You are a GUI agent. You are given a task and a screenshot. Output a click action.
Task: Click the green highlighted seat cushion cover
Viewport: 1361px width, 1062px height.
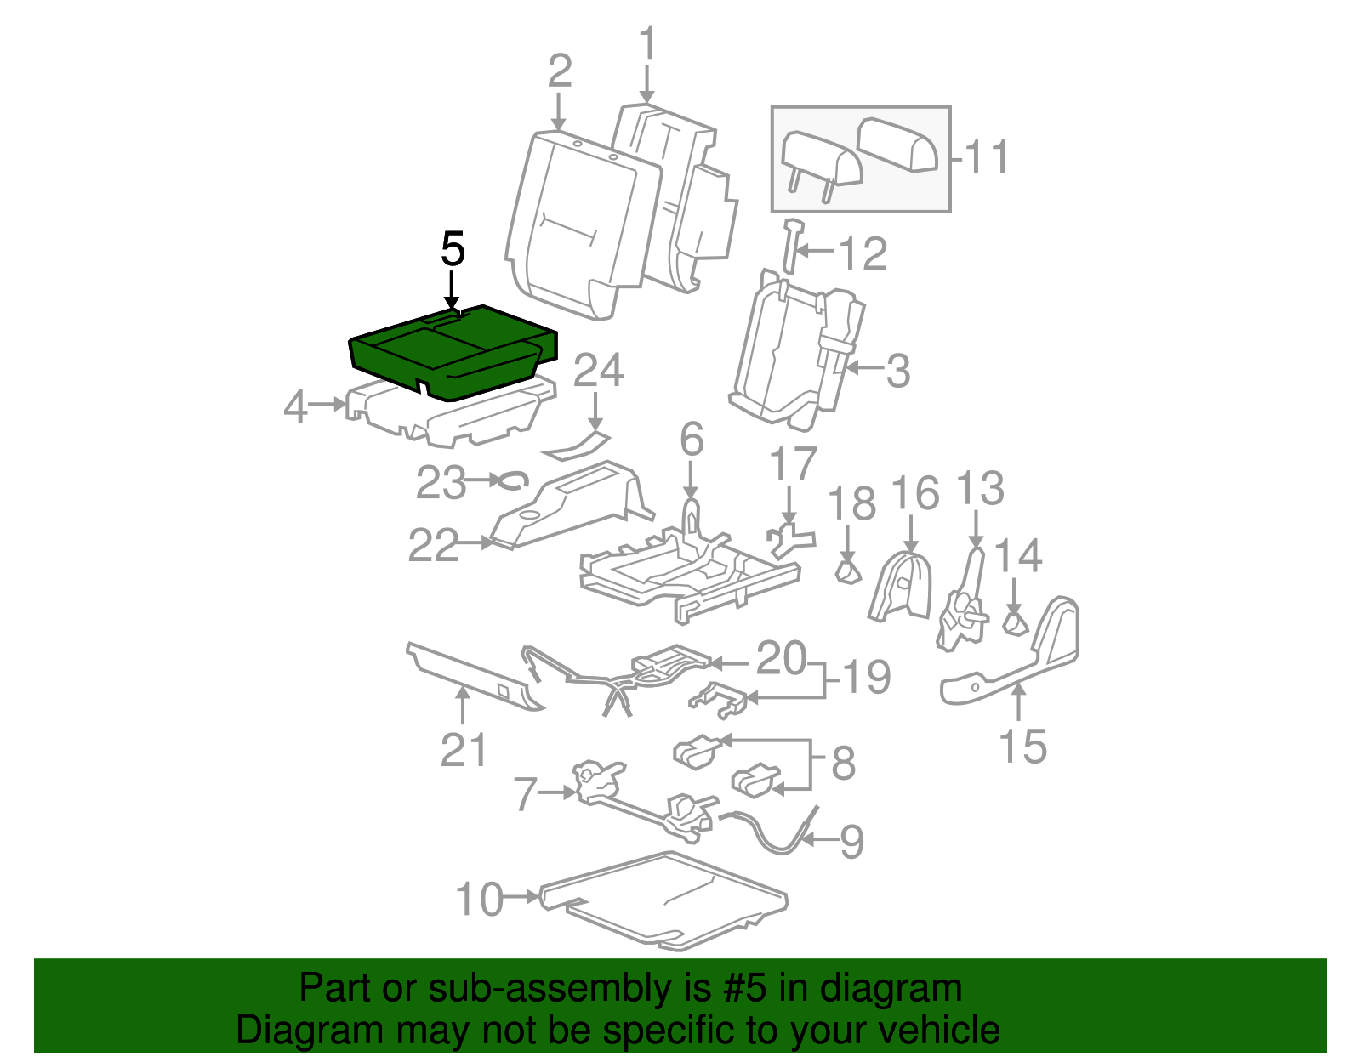[x=451, y=353]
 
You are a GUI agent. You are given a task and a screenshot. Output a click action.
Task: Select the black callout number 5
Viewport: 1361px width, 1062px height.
[x=453, y=250]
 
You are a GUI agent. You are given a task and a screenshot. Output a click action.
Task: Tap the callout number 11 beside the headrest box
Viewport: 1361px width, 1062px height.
[x=987, y=157]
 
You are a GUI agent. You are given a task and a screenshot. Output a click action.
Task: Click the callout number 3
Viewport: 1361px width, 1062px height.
[x=897, y=372]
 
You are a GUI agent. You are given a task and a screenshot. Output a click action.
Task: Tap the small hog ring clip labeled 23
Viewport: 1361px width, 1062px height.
[x=512, y=480]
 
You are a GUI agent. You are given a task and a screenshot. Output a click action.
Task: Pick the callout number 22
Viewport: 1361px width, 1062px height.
[x=434, y=545]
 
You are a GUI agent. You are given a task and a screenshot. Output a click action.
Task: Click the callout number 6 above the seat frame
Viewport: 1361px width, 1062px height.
[x=692, y=440]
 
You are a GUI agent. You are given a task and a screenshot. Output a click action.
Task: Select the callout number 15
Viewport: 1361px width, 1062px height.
[x=1022, y=746]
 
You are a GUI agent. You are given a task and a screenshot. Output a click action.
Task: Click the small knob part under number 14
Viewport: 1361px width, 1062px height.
[x=1013, y=623]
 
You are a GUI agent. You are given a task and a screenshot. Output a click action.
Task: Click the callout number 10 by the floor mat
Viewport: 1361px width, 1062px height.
[x=479, y=899]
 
